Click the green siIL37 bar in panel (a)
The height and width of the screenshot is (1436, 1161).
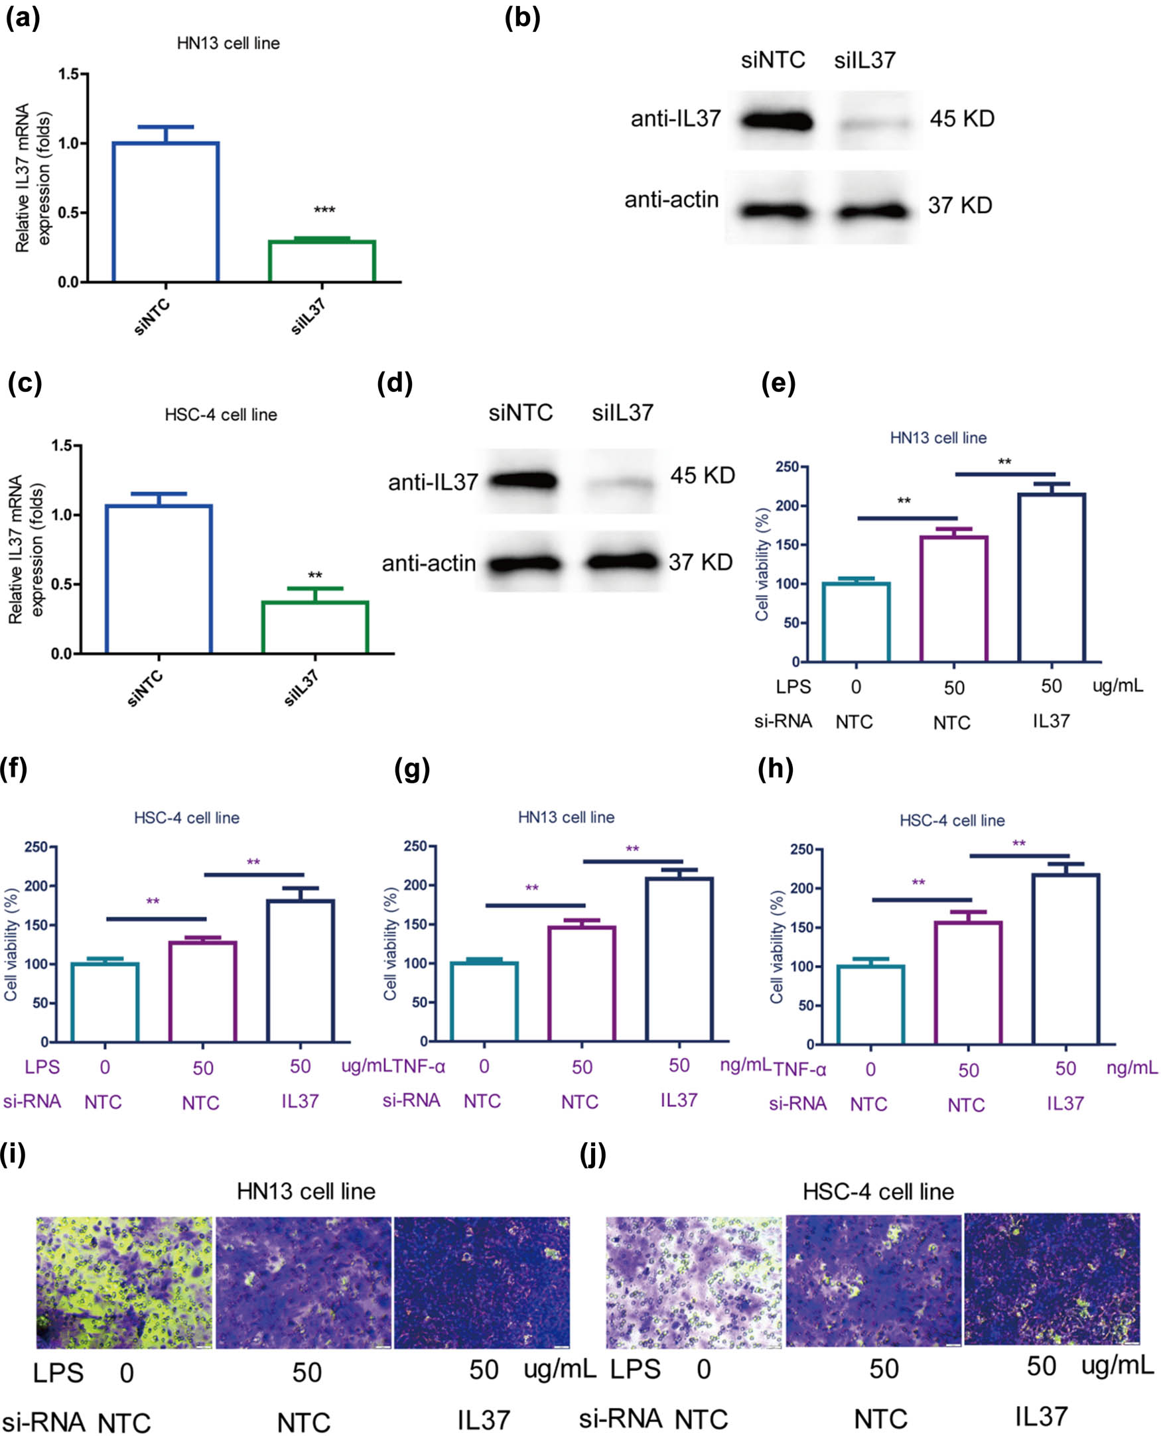(x=322, y=261)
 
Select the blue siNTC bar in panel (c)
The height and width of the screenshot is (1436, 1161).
(x=159, y=579)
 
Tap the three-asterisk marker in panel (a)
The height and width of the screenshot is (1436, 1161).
(x=324, y=210)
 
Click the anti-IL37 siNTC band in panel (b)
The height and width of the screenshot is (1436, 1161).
(x=776, y=121)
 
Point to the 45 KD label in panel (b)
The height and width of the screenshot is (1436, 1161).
(x=962, y=119)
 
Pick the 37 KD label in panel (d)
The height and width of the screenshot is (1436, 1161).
(x=700, y=562)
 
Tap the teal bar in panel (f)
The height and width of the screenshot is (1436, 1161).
(x=105, y=1002)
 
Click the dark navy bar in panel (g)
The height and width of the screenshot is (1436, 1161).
(x=679, y=959)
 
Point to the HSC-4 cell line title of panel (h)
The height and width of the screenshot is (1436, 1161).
(x=951, y=820)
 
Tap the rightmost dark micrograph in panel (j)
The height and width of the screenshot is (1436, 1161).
(x=1052, y=1279)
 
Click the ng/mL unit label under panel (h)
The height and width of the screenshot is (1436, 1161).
(x=1132, y=1068)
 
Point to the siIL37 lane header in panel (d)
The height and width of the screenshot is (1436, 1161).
(x=622, y=413)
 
